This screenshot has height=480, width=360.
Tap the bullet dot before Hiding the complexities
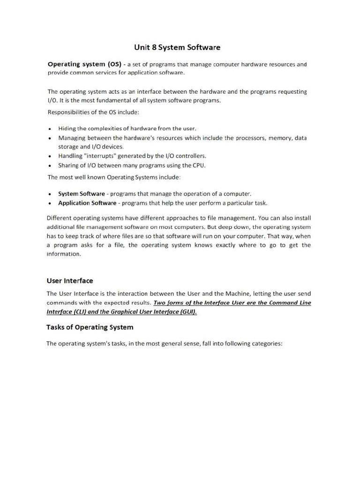pos(50,128)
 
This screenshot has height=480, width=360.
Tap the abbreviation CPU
pos(199,165)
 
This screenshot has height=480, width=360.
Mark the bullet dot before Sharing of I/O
pos(50,165)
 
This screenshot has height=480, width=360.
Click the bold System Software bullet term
pos(81,194)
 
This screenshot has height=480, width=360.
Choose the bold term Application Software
pos(87,203)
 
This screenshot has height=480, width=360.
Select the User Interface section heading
pos(70,281)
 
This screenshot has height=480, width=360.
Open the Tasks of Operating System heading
pos(90,327)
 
